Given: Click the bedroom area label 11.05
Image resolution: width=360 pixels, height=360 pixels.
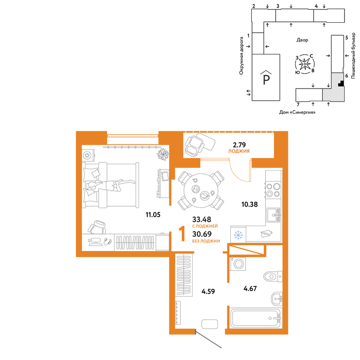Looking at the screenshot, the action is (x=153, y=215).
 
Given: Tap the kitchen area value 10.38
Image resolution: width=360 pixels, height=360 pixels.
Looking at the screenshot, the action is (x=249, y=204).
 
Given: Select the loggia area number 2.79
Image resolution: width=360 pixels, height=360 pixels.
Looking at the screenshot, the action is (x=239, y=145).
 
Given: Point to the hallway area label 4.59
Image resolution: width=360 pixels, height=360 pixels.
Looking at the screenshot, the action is (x=208, y=292).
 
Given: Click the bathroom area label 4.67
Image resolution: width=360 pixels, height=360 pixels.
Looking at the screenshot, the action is (x=250, y=289).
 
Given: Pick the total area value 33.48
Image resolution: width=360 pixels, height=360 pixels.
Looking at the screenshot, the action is (x=202, y=220).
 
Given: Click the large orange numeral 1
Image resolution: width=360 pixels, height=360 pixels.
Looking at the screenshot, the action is (x=183, y=234).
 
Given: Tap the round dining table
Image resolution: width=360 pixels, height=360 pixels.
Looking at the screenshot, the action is (x=201, y=190).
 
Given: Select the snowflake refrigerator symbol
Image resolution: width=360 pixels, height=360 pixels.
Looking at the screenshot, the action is (x=238, y=235).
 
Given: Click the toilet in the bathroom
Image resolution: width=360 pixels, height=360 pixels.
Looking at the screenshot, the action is (x=273, y=276).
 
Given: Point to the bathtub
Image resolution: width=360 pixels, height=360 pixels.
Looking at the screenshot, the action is (x=255, y=318).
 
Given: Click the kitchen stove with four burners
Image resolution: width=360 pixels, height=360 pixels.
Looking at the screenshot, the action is (x=273, y=190).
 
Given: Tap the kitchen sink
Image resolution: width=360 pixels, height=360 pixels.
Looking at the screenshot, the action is (x=274, y=215).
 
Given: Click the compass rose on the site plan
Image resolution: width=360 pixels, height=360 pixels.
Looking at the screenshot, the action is (x=305, y=64).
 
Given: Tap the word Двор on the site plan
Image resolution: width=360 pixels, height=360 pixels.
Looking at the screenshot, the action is (x=302, y=40).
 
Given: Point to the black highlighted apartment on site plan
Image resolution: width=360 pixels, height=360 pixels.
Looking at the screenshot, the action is (x=341, y=84).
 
